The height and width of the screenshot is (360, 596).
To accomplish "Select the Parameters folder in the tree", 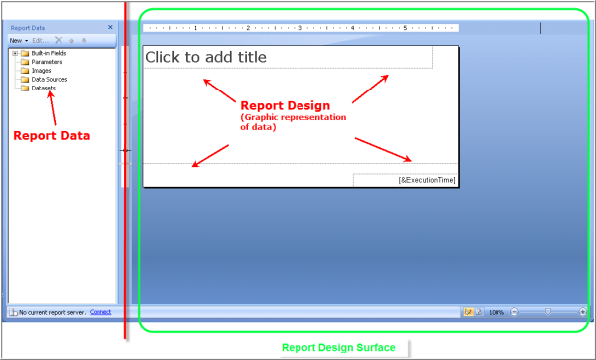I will [46, 62].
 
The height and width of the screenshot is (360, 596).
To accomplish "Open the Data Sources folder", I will [47, 79].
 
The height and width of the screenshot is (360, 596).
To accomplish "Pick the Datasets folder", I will [43, 88].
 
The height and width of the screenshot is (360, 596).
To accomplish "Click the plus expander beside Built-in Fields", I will [14, 53].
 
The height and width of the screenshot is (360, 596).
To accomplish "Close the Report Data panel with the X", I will [110, 28].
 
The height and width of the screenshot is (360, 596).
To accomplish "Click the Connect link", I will [100, 312].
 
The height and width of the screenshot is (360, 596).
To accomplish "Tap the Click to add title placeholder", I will [206, 58].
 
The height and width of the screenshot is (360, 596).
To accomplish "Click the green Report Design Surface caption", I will [338, 347].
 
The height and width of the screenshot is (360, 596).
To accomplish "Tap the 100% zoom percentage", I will [496, 312].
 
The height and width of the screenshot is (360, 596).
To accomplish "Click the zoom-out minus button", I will [513, 312].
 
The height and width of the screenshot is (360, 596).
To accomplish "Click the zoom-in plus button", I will [583, 312].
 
